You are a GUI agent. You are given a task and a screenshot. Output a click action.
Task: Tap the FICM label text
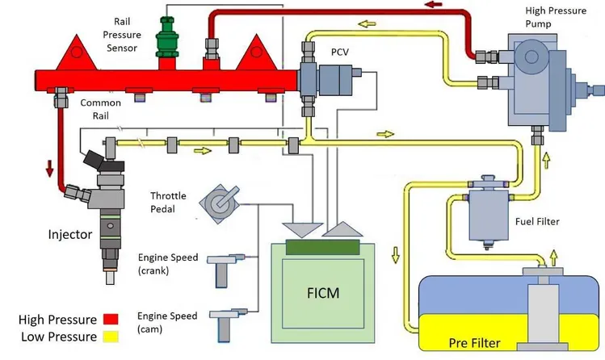click(x=323, y=293)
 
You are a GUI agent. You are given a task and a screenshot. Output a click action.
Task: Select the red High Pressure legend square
click(x=111, y=319)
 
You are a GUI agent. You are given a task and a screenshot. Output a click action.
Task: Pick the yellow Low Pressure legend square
click(x=111, y=337)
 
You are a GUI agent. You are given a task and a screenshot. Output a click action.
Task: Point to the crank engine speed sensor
click(x=225, y=269)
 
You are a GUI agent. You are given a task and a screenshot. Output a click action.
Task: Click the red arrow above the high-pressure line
click(x=434, y=5)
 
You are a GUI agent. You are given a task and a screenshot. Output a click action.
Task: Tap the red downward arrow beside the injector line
click(x=49, y=169)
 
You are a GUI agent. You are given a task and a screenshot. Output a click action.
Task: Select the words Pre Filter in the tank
click(x=475, y=343)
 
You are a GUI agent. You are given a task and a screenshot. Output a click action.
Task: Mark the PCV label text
click(x=340, y=52)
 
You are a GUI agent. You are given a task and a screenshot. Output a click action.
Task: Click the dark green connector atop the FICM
click(x=322, y=247)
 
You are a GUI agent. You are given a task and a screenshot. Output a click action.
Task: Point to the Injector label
click(x=70, y=234)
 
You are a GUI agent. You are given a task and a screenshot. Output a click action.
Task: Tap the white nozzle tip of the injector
click(x=111, y=277)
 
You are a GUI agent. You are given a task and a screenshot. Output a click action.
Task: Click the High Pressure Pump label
click(x=556, y=17)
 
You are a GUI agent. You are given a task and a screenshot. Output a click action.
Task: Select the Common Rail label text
click(x=101, y=109)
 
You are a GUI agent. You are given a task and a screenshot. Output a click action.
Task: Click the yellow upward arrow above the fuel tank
click(x=553, y=257)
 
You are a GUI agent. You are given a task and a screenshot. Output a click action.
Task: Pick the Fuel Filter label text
click(x=537, y=222)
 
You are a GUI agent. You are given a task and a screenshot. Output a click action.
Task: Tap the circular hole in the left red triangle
click(x=77, y=52)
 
